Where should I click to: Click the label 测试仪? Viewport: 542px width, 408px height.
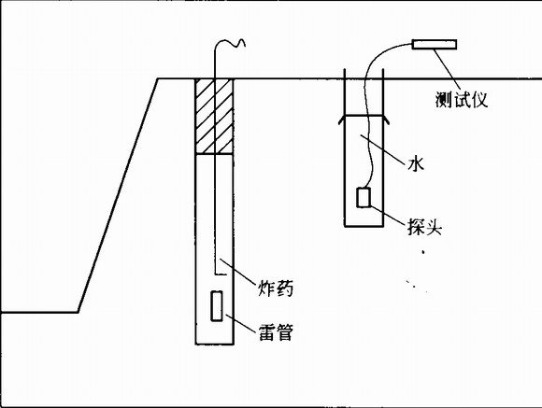[462, 100]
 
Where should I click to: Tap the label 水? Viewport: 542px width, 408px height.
[416, 163]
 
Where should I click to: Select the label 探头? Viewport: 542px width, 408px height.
[424, 227]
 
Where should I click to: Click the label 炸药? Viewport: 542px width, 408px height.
[276, 288]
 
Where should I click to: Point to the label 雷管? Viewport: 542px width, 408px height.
[276, 332]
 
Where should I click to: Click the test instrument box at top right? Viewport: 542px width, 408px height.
[435, 45]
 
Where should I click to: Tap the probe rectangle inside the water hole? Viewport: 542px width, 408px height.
[364, 198]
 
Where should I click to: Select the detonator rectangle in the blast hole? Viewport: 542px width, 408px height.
[217, 306]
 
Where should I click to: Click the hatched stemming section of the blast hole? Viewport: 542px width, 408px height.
[214, 117]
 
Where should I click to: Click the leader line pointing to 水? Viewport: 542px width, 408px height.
[382, 149]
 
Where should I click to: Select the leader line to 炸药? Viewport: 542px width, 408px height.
[237, 271]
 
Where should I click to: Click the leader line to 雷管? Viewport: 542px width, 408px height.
[240, 323]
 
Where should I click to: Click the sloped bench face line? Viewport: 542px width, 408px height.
[119, 195]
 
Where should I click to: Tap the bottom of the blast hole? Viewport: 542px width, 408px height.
[214, 345]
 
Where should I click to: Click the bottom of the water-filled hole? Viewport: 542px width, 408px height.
[364, 226]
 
